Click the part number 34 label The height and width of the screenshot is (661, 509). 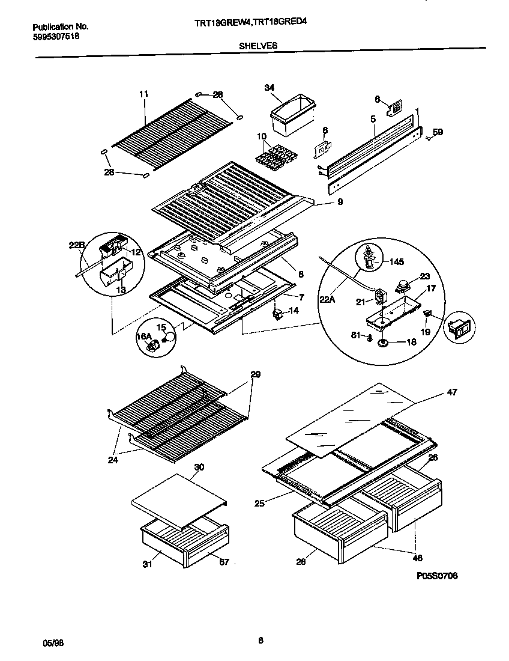[270, 88]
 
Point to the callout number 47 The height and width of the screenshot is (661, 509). [451, 392]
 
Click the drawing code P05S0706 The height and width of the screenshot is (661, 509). [437, 576]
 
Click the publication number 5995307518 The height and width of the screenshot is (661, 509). [55, 36]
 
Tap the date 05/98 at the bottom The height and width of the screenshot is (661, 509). [53, 642]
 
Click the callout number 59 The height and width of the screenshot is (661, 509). [438, 132]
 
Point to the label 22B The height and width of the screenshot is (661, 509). [76, 245]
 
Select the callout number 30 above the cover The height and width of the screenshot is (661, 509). [199, 466]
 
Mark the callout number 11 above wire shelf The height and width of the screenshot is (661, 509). [143, 94]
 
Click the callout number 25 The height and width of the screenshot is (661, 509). [259, 503]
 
